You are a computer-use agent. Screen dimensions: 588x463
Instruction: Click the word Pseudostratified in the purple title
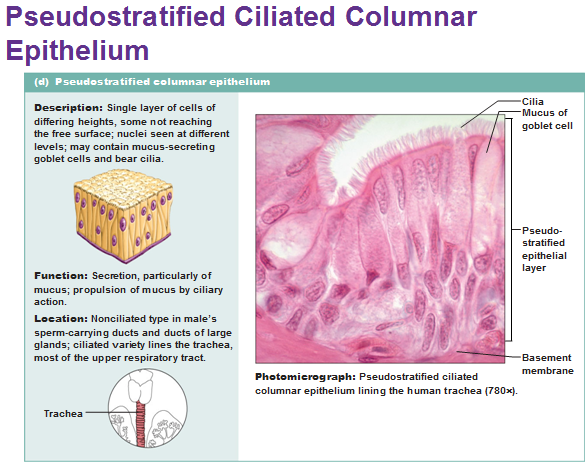(x=116, y=17)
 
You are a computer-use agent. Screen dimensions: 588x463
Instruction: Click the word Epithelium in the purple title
(x=78, y=51)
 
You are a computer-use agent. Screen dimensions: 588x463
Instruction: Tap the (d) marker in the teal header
(x=42, y=82)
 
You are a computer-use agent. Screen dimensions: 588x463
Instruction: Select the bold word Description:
(x=68, y=108)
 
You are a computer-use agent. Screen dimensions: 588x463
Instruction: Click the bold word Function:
(x=61, y=276)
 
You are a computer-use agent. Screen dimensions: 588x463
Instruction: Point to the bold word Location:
(x=61, y=319)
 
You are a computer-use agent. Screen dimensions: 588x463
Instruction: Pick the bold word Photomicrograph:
(x=305, y=377)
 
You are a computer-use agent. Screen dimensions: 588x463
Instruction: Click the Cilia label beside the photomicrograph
(x=532, y=101)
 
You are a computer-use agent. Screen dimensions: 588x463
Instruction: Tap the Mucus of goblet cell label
(x=547, y=119)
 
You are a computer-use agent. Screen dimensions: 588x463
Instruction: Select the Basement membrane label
(x=548, y=364)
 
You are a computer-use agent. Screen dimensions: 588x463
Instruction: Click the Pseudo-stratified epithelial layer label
(x=544, y=249)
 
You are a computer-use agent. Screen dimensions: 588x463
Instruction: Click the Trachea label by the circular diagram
(x=63, y=414)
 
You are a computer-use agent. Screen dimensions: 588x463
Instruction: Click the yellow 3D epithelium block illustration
(x=123, y=215)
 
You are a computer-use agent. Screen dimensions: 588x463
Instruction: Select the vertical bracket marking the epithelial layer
(x=510, y=229)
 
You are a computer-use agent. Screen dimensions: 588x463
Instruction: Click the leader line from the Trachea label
(x=110, y=413)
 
